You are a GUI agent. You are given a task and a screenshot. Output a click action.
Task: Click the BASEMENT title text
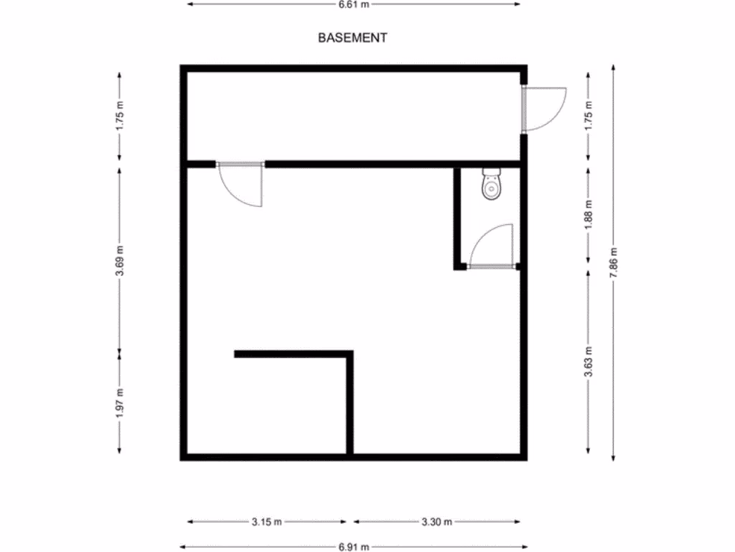click(352, 38)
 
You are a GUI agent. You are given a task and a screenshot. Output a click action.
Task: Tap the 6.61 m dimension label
click(354, 4)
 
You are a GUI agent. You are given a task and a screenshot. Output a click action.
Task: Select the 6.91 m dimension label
click(354, 546)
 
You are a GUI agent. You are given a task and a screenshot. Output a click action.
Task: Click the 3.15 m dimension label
click(267, 523)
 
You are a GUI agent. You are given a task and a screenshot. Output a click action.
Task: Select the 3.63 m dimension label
click(589, 362)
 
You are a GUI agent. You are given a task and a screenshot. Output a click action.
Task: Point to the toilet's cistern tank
click(492, 172)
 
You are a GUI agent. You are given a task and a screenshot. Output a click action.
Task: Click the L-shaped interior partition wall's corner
click(350, 354)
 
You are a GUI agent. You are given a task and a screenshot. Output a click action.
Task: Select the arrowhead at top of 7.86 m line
click(614, 67)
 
